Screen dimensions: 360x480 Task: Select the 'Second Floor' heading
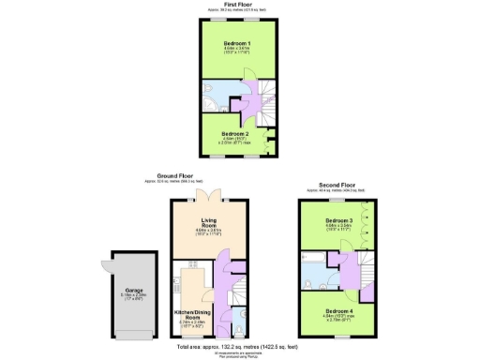(337, 187)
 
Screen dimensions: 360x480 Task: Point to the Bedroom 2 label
(234, 134)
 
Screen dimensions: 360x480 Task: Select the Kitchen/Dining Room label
(191, 316)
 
